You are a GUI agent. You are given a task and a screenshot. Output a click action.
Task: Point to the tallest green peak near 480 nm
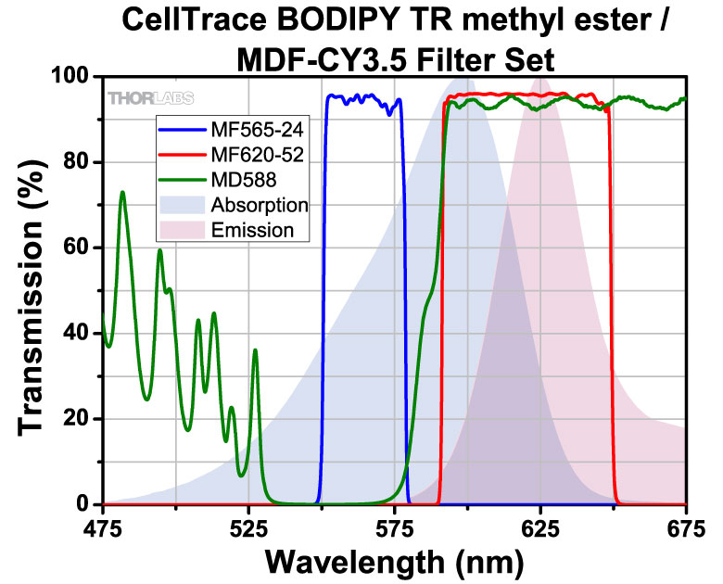122,193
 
